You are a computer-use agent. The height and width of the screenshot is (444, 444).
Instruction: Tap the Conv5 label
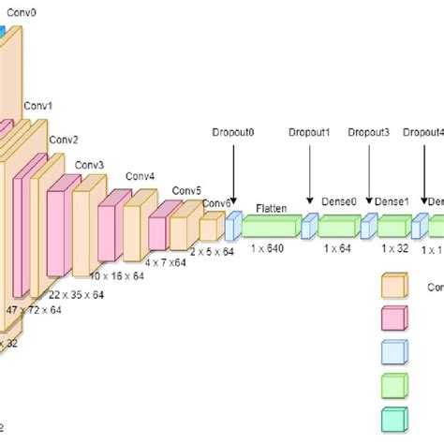tap(185, 190)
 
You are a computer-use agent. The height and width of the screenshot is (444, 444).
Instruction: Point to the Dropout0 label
tap(234, 134)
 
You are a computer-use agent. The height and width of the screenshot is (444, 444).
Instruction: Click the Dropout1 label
tap(309, 134)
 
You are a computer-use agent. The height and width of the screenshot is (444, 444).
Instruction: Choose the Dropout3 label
tap(368, 134)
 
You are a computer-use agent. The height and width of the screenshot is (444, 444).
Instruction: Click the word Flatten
tap(272, 208)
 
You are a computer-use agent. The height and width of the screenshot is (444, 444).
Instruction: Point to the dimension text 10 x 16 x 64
tap(116, 276)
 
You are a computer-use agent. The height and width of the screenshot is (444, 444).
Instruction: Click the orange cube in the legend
tap(394, 286)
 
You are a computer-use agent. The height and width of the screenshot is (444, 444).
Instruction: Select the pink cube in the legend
tap(394, 319)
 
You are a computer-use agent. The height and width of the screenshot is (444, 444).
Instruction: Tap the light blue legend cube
tap(394, 352)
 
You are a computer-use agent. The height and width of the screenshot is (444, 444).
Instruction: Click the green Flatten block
tap(272, 226)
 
